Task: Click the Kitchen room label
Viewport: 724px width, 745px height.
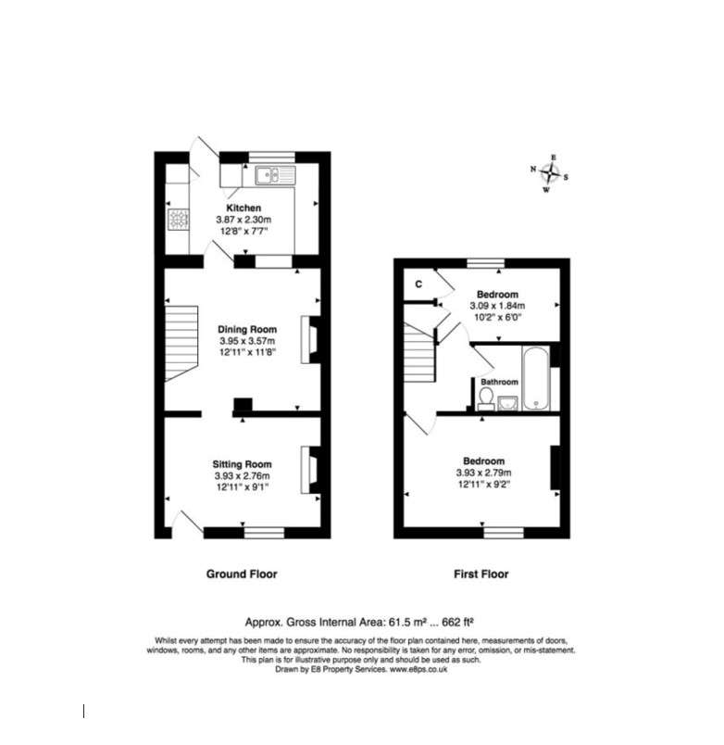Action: coord(243,208)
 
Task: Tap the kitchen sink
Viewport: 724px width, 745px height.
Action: coord(275,175)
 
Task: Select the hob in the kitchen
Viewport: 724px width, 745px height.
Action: coord(178,220)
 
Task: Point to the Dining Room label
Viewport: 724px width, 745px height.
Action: coord(247,329)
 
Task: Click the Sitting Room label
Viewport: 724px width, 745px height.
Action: coord(243,464)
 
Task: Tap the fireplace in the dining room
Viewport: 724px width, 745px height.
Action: coord(310,340)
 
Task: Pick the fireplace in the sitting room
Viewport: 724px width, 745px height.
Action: coord(310,470)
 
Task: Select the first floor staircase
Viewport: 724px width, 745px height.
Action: coord(419,351)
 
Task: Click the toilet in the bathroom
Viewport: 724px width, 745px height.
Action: coord(486,399)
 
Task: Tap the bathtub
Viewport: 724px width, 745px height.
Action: coord(536,378)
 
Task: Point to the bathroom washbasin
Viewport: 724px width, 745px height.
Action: coord(507,403)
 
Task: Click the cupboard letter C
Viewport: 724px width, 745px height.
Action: coord(418,284)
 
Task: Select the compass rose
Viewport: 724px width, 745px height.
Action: coord(550,173)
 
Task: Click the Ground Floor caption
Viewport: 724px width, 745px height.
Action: coord(242,574)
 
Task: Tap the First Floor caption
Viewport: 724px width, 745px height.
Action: coord(481,574)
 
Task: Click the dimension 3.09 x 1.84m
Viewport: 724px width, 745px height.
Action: coord(497,306)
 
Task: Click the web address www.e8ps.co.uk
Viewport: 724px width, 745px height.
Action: coord(418,669)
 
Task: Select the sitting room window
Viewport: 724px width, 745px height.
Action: coord(264,533)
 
